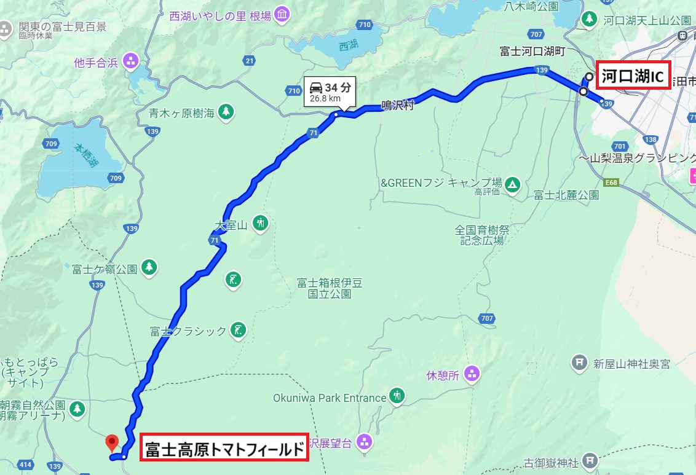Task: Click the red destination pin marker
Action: [x=112, y=441]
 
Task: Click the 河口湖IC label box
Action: [x=633, y=76]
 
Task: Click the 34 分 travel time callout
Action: [x=330, y=90]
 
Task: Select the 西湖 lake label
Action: [x=347, y=46]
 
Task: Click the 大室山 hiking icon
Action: [x=261, y=222]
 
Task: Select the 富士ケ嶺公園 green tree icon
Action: [x=148, y=267]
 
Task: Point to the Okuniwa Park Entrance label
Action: [x=330, y=398]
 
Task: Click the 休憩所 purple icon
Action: [x=472, y=373]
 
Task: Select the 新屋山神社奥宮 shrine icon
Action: [x=579, y=363]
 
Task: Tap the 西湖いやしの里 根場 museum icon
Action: [x=282, y=14]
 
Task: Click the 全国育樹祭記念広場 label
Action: [x=482, y=235]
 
